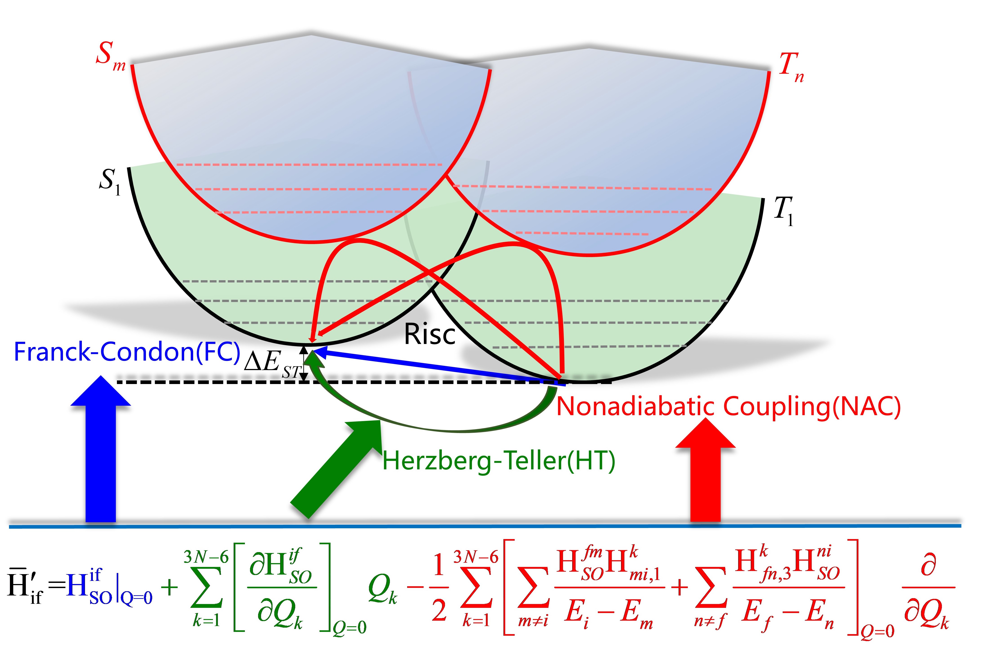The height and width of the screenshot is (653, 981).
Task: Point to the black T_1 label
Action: point(783,210)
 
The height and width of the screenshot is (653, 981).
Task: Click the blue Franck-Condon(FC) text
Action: point(127,352)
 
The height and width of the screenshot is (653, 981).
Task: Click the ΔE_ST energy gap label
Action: point(271,362)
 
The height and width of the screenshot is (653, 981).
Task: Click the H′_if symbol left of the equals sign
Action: point(25,585)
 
